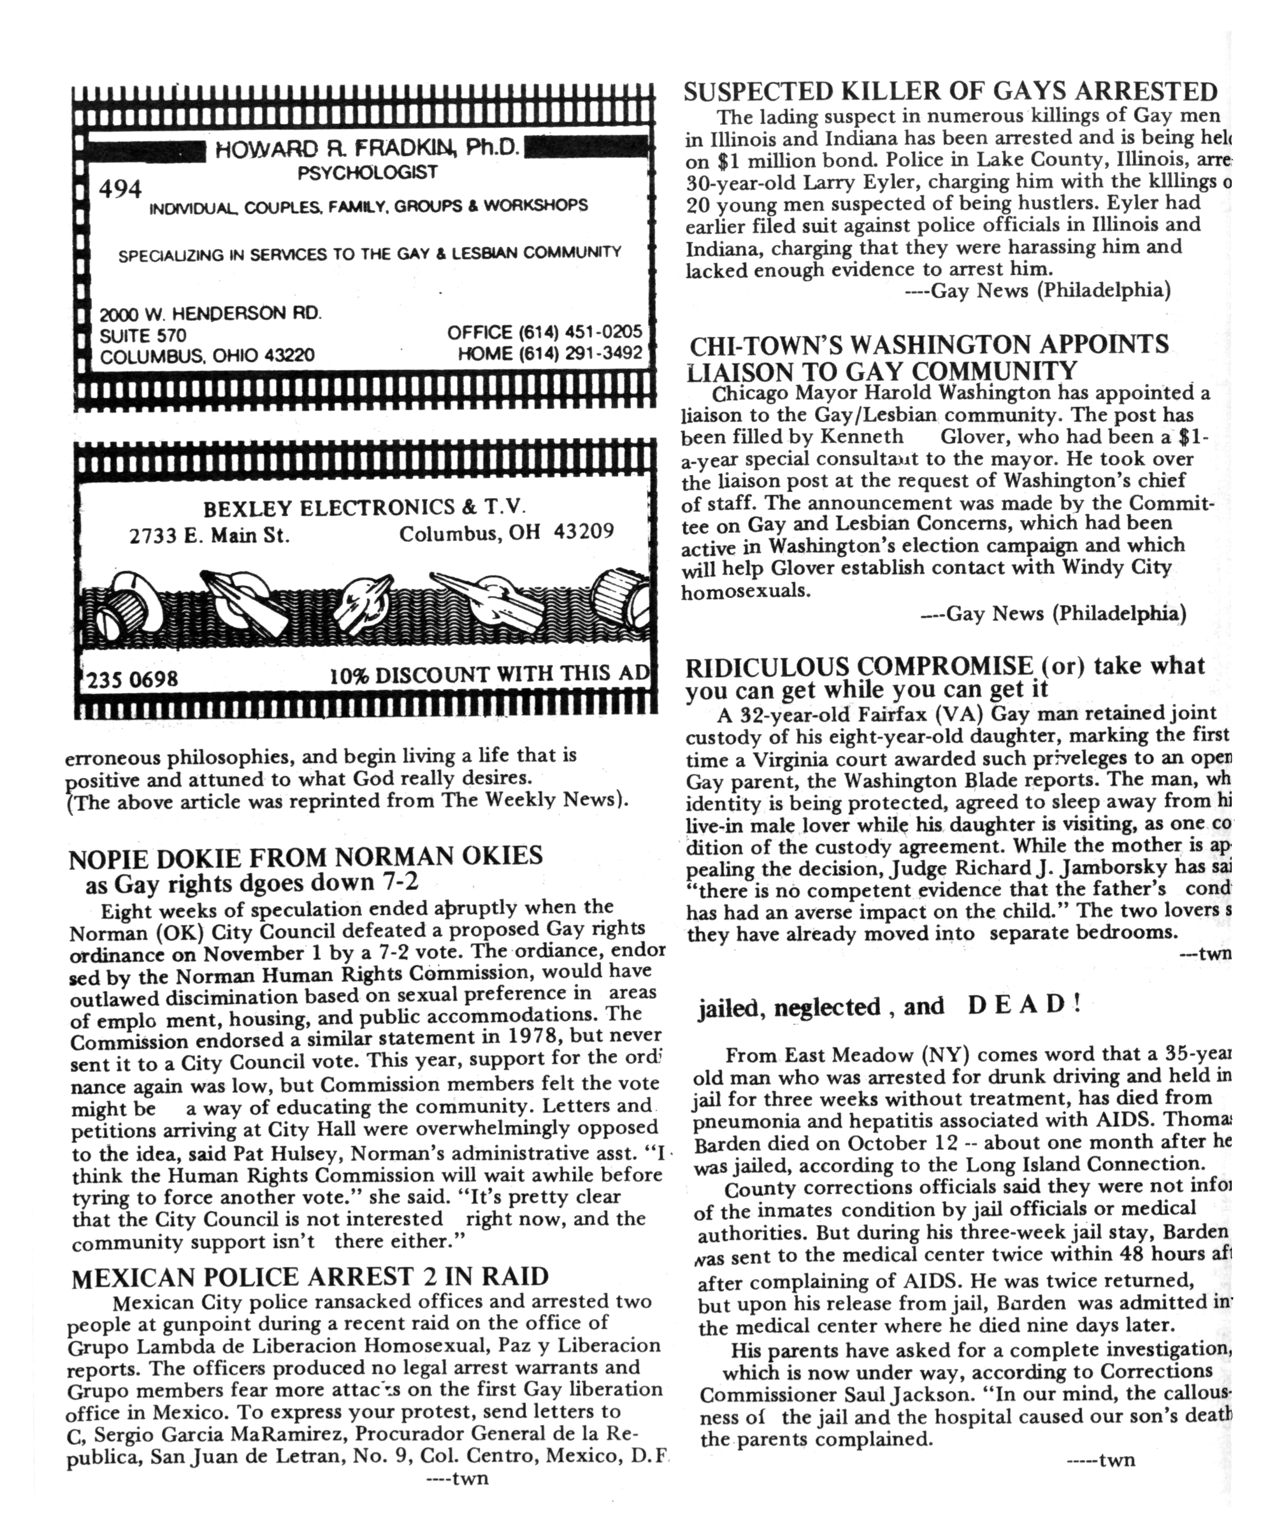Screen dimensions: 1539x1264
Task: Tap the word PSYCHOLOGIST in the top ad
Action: pos(368,173)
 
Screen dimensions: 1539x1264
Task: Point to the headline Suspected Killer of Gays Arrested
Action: pos(950,92)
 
